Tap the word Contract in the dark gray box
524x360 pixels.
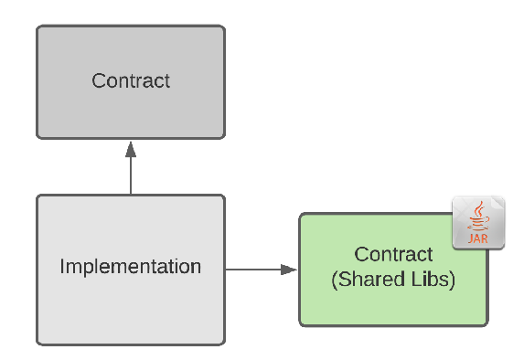coord(131,80)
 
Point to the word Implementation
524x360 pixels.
coord(131,268)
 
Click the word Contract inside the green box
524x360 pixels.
coord(393,254)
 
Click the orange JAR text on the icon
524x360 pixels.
coord(478,239)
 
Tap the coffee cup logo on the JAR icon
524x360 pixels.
coord(477,217)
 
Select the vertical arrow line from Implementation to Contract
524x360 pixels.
coord(131,174)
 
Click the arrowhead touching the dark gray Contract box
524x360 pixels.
coord(131,147)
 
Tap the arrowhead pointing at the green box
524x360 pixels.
coord(290,269)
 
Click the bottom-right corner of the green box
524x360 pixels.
coord(485,323)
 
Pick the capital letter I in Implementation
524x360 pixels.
coord(62,268)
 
